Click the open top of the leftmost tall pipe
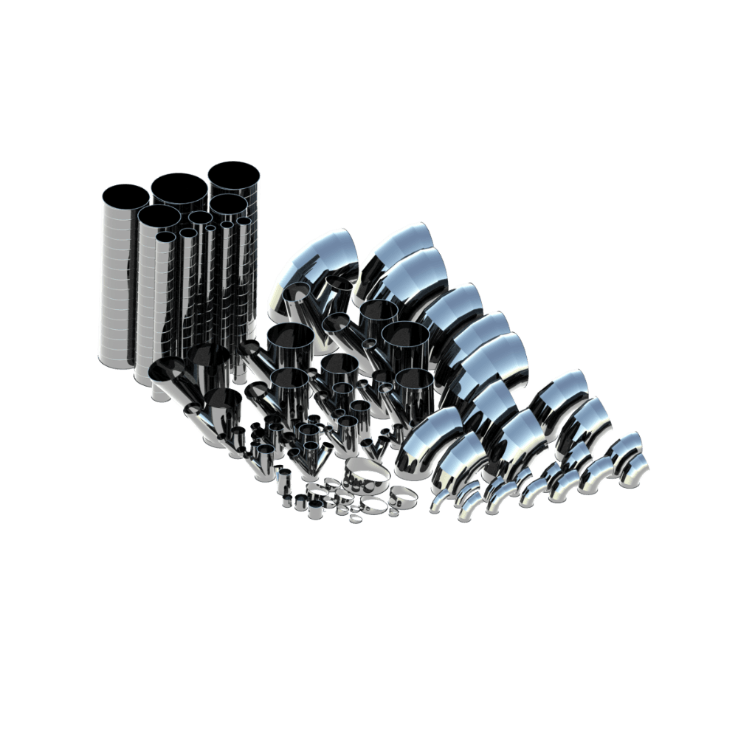coord(125,197)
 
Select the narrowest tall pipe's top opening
coord(210,228)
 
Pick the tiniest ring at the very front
coord(355,520)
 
